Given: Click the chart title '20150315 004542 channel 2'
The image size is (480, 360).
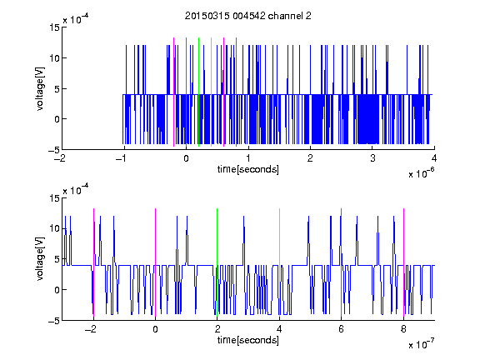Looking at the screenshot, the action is coord(248,16).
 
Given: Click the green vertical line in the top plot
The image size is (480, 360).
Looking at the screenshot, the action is coord(198,92).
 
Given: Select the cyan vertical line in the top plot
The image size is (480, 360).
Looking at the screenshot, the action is coord(211,92).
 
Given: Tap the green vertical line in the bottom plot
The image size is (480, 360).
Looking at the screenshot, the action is coord(217,263).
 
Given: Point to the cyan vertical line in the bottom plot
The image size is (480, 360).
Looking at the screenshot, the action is coord(279,263).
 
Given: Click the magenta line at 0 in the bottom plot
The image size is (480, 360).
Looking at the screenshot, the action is coord(155,263).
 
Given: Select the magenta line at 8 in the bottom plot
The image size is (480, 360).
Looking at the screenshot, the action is coord(403,263).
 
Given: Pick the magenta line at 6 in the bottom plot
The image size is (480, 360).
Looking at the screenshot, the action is coord(342,263).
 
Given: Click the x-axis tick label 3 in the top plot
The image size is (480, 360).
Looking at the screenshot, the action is coord(372,158).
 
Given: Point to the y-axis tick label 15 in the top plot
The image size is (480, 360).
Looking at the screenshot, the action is coord(54,27).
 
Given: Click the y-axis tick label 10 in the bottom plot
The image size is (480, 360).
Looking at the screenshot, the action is coord(54,228).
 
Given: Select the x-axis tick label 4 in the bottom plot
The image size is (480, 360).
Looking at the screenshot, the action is coord(279,329).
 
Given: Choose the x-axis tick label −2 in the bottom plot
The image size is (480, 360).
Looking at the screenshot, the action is coord(91,329).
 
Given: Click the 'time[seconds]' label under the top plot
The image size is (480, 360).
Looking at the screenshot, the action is coord(248,169).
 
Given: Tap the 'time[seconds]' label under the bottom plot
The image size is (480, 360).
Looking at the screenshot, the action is coord(248,340).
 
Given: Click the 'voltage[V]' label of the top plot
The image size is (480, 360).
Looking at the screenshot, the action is coord(40,88).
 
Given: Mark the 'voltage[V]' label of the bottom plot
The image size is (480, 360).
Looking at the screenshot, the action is coord(40,259).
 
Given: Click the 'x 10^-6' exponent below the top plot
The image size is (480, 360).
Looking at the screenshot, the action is coord(421,173).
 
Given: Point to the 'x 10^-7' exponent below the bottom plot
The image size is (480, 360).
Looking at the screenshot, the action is coord(421,344).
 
